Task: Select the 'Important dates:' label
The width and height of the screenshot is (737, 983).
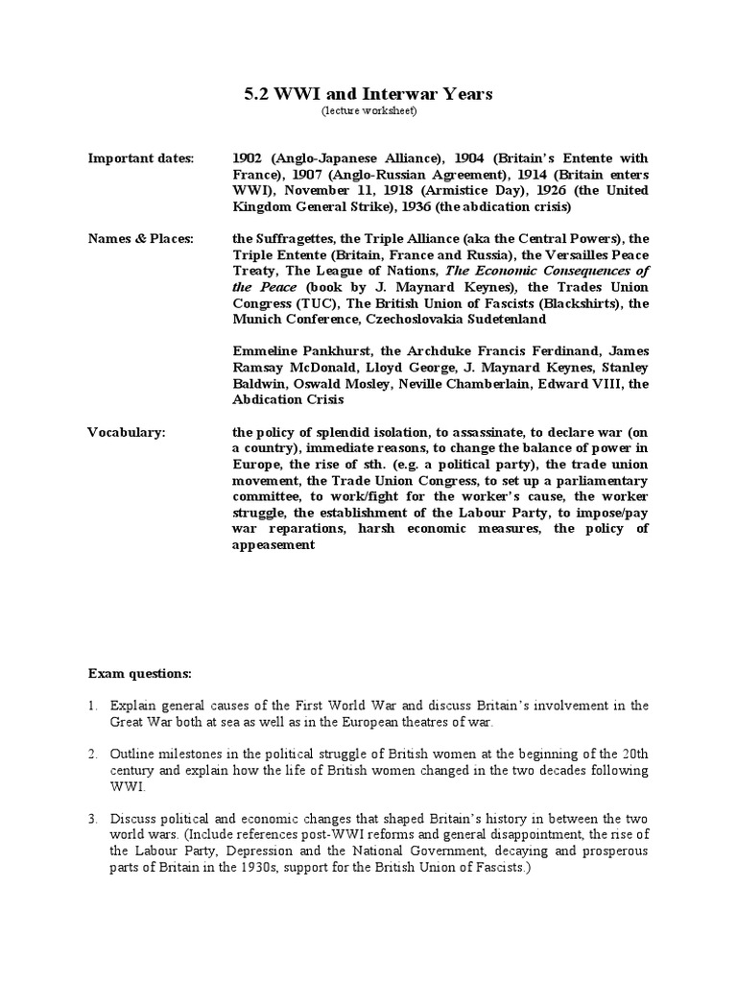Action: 140,158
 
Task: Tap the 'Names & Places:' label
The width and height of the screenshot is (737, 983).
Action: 140,238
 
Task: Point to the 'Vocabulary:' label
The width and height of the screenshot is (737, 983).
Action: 127,433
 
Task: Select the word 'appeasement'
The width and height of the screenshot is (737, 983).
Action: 273,545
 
